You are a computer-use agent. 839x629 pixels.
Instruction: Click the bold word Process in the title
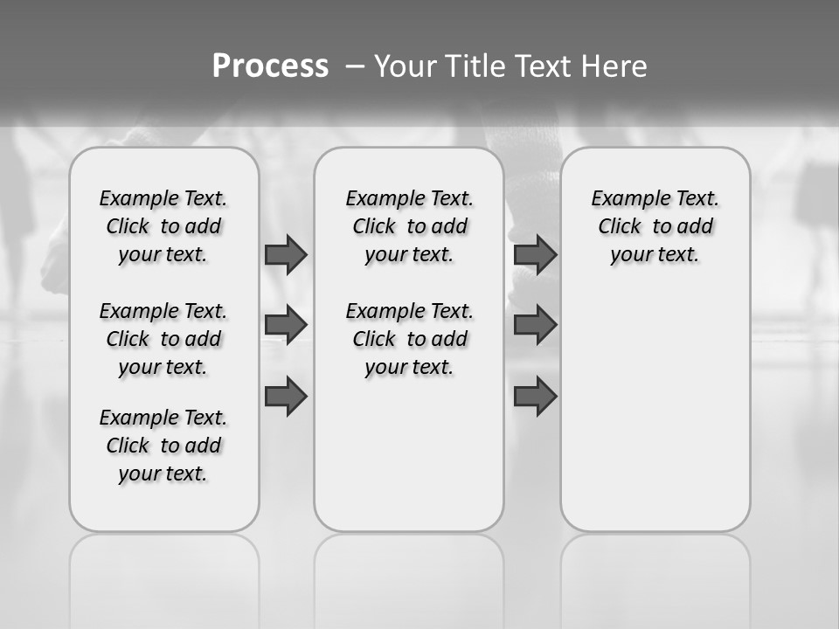coord(270,66)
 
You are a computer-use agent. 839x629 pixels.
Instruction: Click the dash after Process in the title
coord(355,66)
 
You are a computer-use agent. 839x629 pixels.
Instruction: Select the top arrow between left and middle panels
coord(286,255)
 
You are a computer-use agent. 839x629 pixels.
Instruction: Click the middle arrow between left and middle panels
coord(286,326)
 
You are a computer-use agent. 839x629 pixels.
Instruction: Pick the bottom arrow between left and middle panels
coord(286,396)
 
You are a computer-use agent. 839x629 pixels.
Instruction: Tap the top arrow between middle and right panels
coord(535,255)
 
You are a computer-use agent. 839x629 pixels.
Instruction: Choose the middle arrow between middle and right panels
coord(535,326)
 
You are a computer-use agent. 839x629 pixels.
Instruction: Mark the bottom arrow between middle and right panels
coord(535,396)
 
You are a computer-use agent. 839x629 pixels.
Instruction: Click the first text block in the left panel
coord(163,226)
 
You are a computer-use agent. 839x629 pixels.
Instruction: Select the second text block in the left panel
coord(163,339)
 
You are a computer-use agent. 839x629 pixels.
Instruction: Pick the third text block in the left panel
coord(163,446)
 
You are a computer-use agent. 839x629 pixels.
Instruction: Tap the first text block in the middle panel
coord(409,226)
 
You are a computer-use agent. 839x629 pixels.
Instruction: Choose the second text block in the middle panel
coord(409,339)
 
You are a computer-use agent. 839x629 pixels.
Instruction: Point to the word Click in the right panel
coord(620,227)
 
